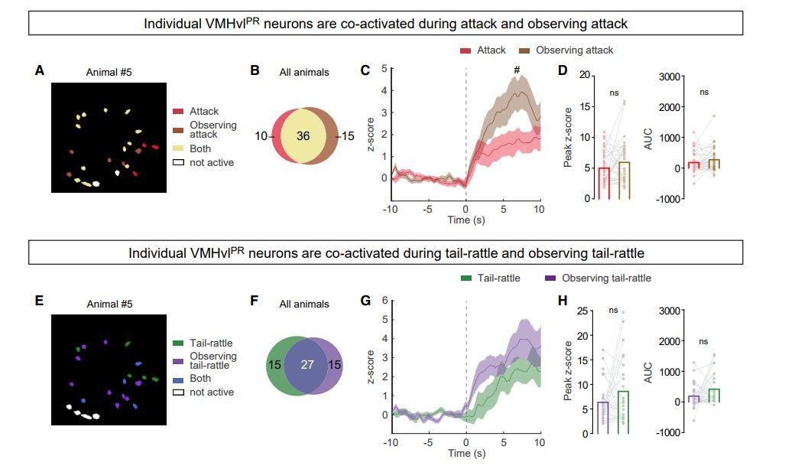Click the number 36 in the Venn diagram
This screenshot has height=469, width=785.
tap(303, 136)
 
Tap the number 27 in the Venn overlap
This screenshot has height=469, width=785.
tap(307, 364)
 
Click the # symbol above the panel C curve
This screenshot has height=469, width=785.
tap(517, 71)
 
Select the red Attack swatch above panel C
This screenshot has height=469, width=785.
tap(465, 50)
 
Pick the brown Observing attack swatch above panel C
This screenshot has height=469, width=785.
tap(524, 50)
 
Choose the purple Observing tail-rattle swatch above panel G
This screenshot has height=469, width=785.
tap(550, 278)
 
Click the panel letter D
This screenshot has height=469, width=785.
tap(563, 71)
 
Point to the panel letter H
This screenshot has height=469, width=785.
tap(563, 301)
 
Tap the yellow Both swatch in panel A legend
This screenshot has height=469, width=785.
tap(178, 149)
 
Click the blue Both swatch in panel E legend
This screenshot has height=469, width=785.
tap(178, 379)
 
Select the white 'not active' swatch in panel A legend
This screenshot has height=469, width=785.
tap(178, 163)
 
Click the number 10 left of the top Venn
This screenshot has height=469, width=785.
tap(261, 136)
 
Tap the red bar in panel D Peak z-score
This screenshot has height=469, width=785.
tap(603, 183)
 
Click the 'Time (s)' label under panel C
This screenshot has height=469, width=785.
tap(465, 220)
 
